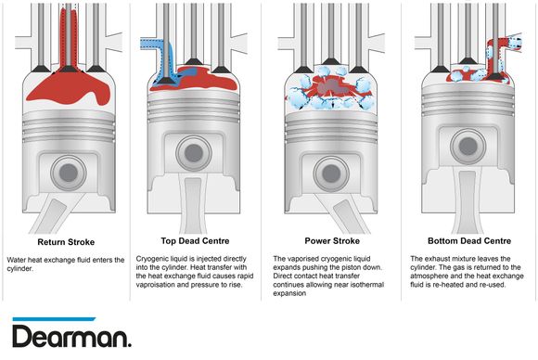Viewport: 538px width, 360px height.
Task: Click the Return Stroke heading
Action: pos(66,242)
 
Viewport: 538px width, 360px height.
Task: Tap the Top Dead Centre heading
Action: pos(195,241)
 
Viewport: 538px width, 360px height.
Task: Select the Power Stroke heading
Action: pos(332,241)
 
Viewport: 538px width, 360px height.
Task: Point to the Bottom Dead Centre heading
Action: pos(469,241)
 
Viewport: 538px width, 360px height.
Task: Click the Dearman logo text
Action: pos(71,336)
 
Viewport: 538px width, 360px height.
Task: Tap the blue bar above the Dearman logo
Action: pos(54,319)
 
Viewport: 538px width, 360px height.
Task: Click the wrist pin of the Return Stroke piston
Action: pos(69,173)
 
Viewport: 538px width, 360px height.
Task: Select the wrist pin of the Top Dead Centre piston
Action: pos(194,153)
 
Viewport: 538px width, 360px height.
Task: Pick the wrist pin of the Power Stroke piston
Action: pos(331,174)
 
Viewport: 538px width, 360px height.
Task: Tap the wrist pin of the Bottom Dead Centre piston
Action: pos(468,147)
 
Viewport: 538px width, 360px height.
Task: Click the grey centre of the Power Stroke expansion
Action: pos(327,87)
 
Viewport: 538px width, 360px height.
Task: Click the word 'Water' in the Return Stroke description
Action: pos(16,260)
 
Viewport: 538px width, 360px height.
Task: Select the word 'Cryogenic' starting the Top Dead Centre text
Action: pos(151,259)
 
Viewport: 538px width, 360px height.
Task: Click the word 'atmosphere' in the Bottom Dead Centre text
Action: pos(428,276)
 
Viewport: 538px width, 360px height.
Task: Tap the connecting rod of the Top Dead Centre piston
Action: pos(194,205)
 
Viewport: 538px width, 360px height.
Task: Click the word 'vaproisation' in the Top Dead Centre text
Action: pos(154,285)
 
